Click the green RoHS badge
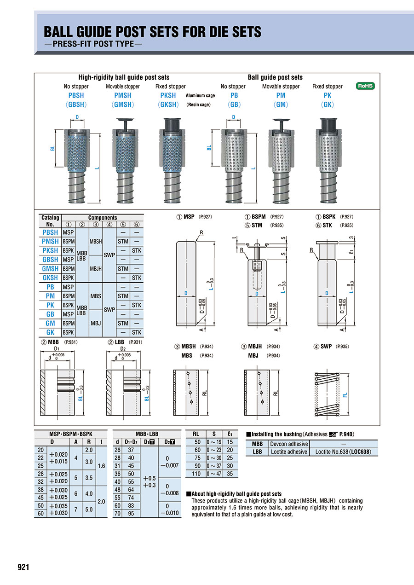pos(366,86)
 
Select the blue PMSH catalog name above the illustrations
pos(122,95)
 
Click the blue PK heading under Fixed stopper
pos(327,95)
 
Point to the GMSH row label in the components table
pos(50,268)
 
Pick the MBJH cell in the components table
pos(96,268)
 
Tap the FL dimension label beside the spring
pos(345,394)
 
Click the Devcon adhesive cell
pos(289,444)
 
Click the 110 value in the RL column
pos(196,473)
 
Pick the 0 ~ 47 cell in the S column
pos(214,473)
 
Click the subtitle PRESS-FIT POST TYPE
pos(93,45)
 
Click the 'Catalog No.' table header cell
pos(50,220)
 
